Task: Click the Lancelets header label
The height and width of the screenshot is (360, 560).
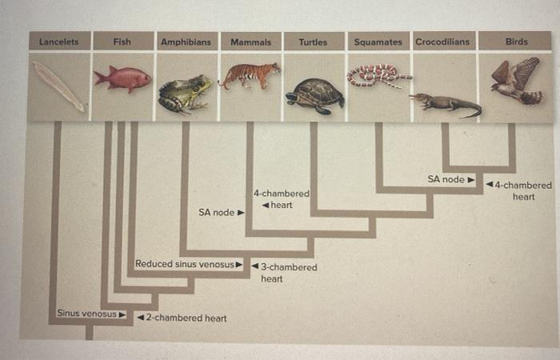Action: (59, 41)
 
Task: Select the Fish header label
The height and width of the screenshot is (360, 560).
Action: (122, 41)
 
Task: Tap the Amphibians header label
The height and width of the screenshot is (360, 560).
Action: (186, 41)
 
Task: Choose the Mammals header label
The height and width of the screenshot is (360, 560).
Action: (250, 41)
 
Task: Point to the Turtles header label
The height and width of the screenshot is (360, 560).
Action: (313, 41)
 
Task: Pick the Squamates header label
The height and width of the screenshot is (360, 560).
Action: (378, 41)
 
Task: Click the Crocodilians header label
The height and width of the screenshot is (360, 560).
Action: (442, 41)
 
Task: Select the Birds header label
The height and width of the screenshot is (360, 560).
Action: (516, 41)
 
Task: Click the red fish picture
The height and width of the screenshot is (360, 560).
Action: (122, 78)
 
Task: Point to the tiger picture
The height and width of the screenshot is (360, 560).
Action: (250, 75)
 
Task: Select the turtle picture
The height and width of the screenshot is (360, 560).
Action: (314, 95)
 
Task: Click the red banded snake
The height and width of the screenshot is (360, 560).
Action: (377, 75)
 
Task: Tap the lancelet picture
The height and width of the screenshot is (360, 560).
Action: (58, 86)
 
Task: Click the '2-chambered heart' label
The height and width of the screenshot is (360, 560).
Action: (182, 318)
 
